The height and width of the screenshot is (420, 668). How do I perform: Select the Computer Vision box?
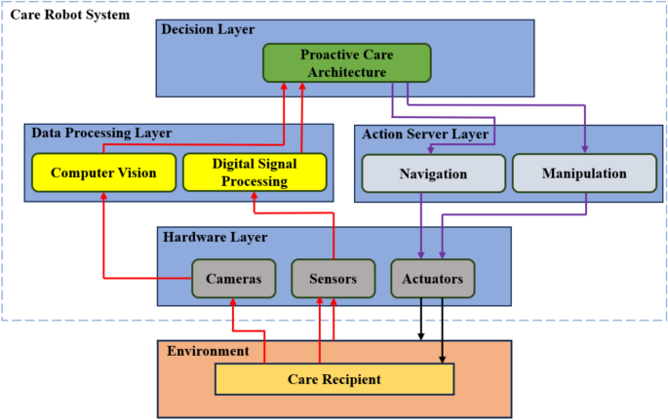pos(103,172)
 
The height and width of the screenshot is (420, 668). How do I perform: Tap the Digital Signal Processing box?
pos(255,172)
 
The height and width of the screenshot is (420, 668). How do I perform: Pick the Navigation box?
pos(434,173)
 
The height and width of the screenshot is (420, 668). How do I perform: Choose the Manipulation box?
pos(583,173)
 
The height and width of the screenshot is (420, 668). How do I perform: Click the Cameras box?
pos(233,279)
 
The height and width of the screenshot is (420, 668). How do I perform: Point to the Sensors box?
pos(334,279)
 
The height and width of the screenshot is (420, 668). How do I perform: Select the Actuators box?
pos(432,279)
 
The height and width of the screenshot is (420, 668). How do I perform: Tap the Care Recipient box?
pos(334,379)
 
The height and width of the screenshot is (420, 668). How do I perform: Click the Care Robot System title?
pos(70,15)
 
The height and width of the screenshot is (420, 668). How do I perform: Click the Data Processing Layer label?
pos(101,133)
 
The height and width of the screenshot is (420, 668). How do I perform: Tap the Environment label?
pos(209,351)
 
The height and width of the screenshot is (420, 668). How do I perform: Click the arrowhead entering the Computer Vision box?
pos(103,197)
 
